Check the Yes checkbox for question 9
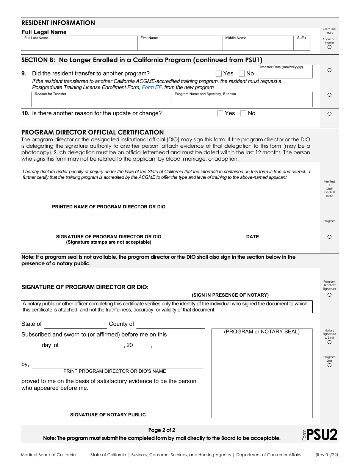[x=219, y=74]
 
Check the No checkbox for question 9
[x=242, y=74]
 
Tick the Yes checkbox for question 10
[x=220, y=113]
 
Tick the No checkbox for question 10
[x=243, y=113]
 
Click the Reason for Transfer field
[x=102, y=101]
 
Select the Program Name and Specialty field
[x=242, y=101]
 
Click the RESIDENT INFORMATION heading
[x=58, y=23]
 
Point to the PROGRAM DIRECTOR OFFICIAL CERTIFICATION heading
[x=92, y=132]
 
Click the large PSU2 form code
[x=322, y=435]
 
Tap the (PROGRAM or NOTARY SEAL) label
[x=262, y=332]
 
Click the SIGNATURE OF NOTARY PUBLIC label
[x=108, y=415]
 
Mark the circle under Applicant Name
[x=329, y=47]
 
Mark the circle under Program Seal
[x=329, y=365]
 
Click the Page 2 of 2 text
[x=162, y=430]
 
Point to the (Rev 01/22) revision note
[x=327, y=455]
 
